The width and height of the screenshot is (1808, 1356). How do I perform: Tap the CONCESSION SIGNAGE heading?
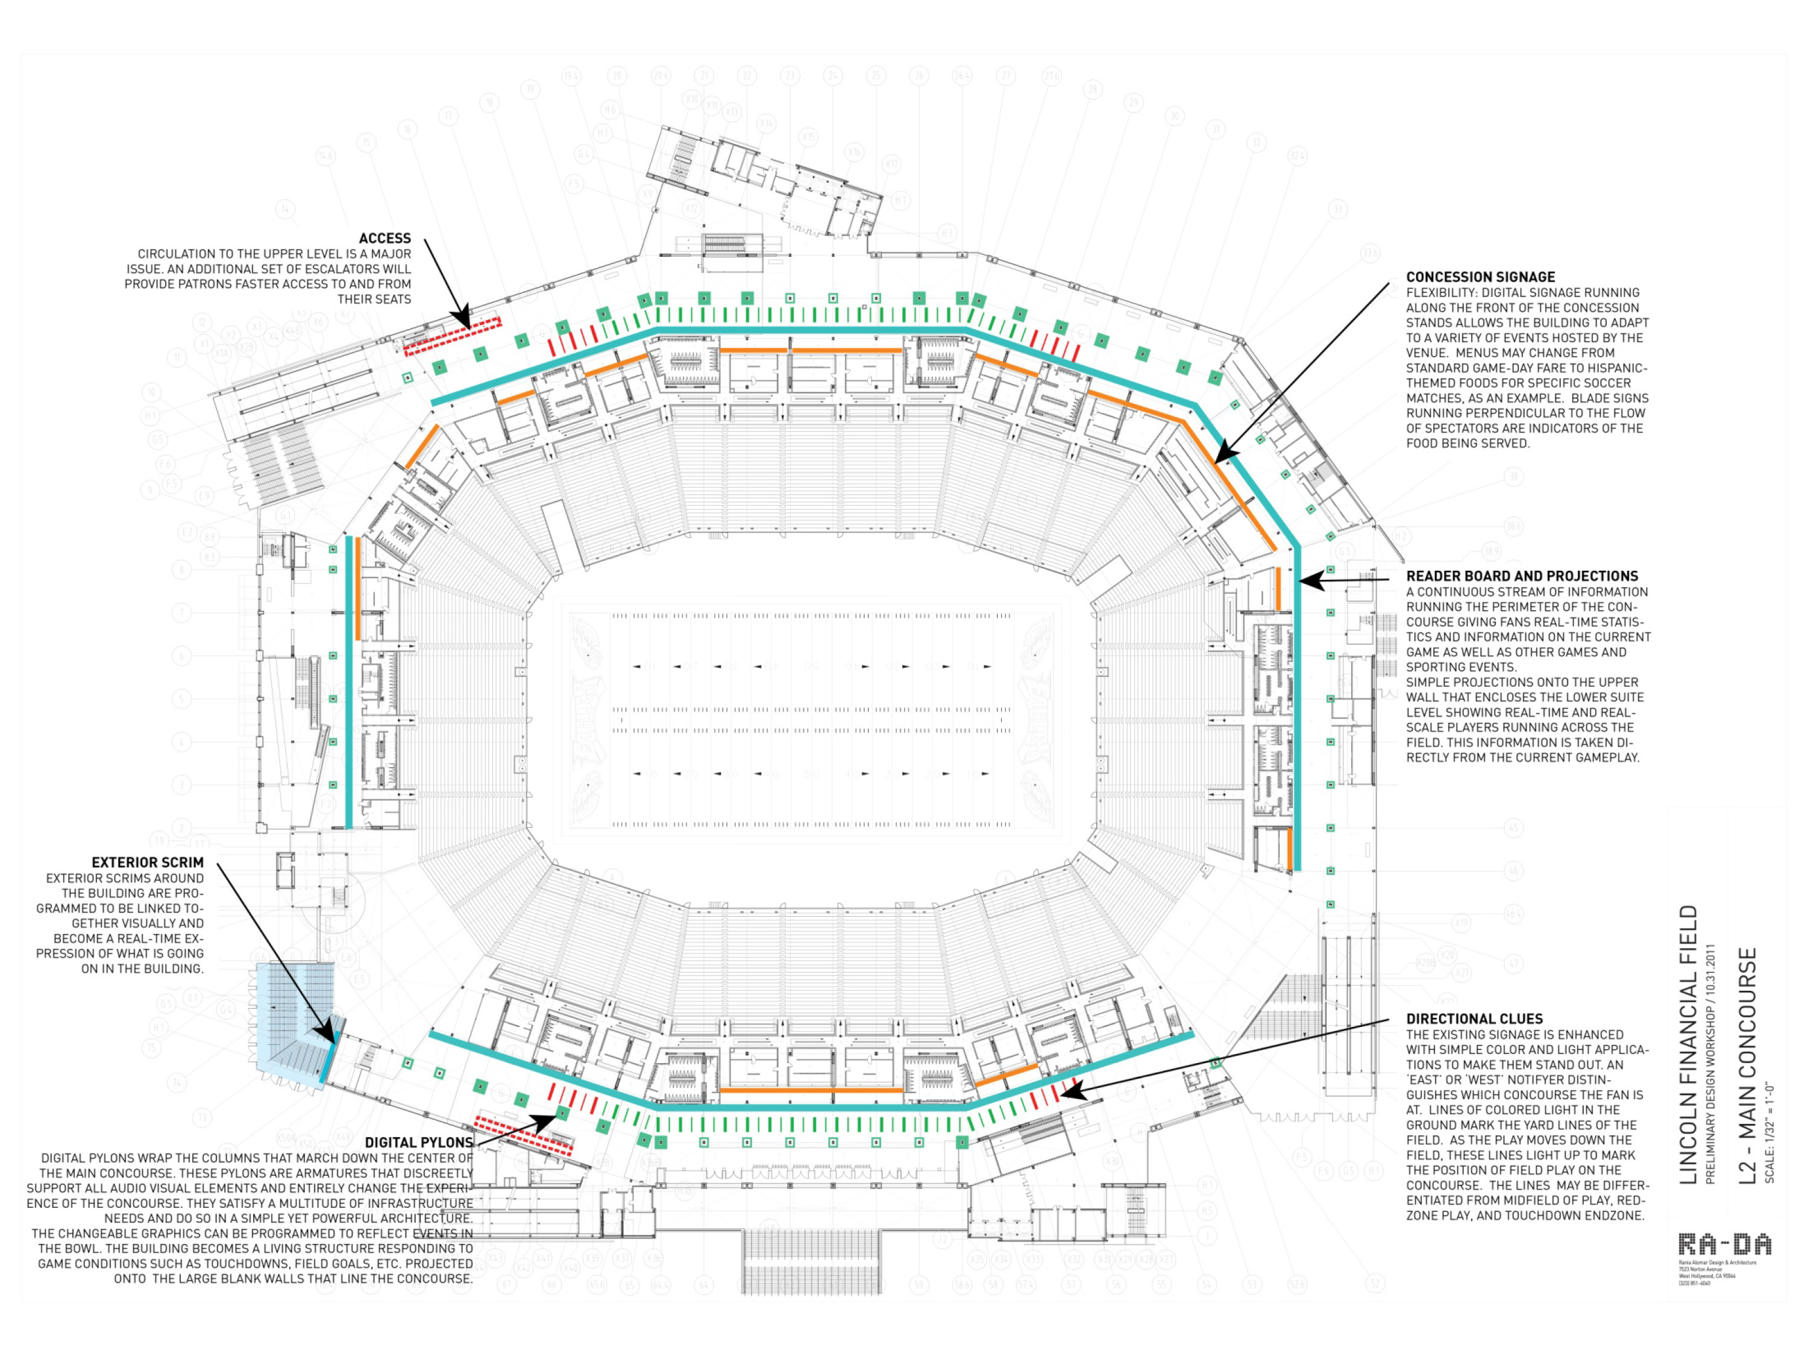[1480, 277]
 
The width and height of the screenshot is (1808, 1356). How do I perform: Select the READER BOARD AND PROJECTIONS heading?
[1522, 576]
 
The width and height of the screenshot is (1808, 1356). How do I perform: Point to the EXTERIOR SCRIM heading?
[147, 862]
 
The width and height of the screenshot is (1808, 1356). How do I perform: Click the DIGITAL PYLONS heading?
[418, 1143]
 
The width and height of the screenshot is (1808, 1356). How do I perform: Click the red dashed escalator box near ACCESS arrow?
[452, 337]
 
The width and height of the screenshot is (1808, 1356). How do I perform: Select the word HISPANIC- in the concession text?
[1615, 368]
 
